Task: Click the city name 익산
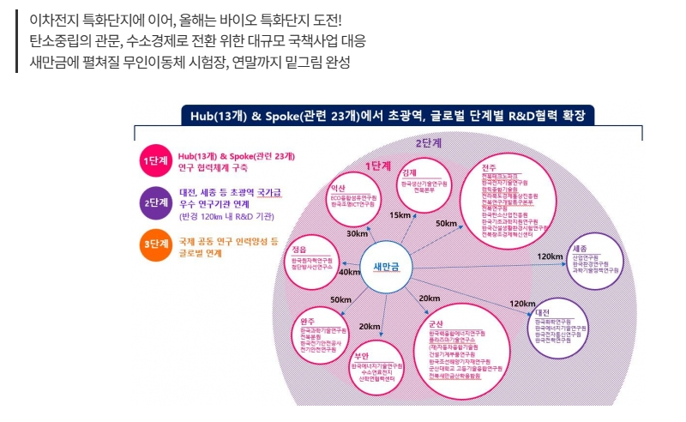pyautogui.click(x=337, y=189)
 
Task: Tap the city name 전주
pyautogui.click(x=489, y=166)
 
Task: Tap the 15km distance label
pyautogui.click(x=400, y=215)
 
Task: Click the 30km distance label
pyautogui.click(x=357, y=233)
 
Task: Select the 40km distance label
pyautogui.click(x=349, y=273)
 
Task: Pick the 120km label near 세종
pyautogui.click(x=550, y=256)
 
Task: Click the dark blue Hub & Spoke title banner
pyautogui.click(x=388, y=116)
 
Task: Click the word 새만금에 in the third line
pyautogui.click(x=54, y=63)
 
